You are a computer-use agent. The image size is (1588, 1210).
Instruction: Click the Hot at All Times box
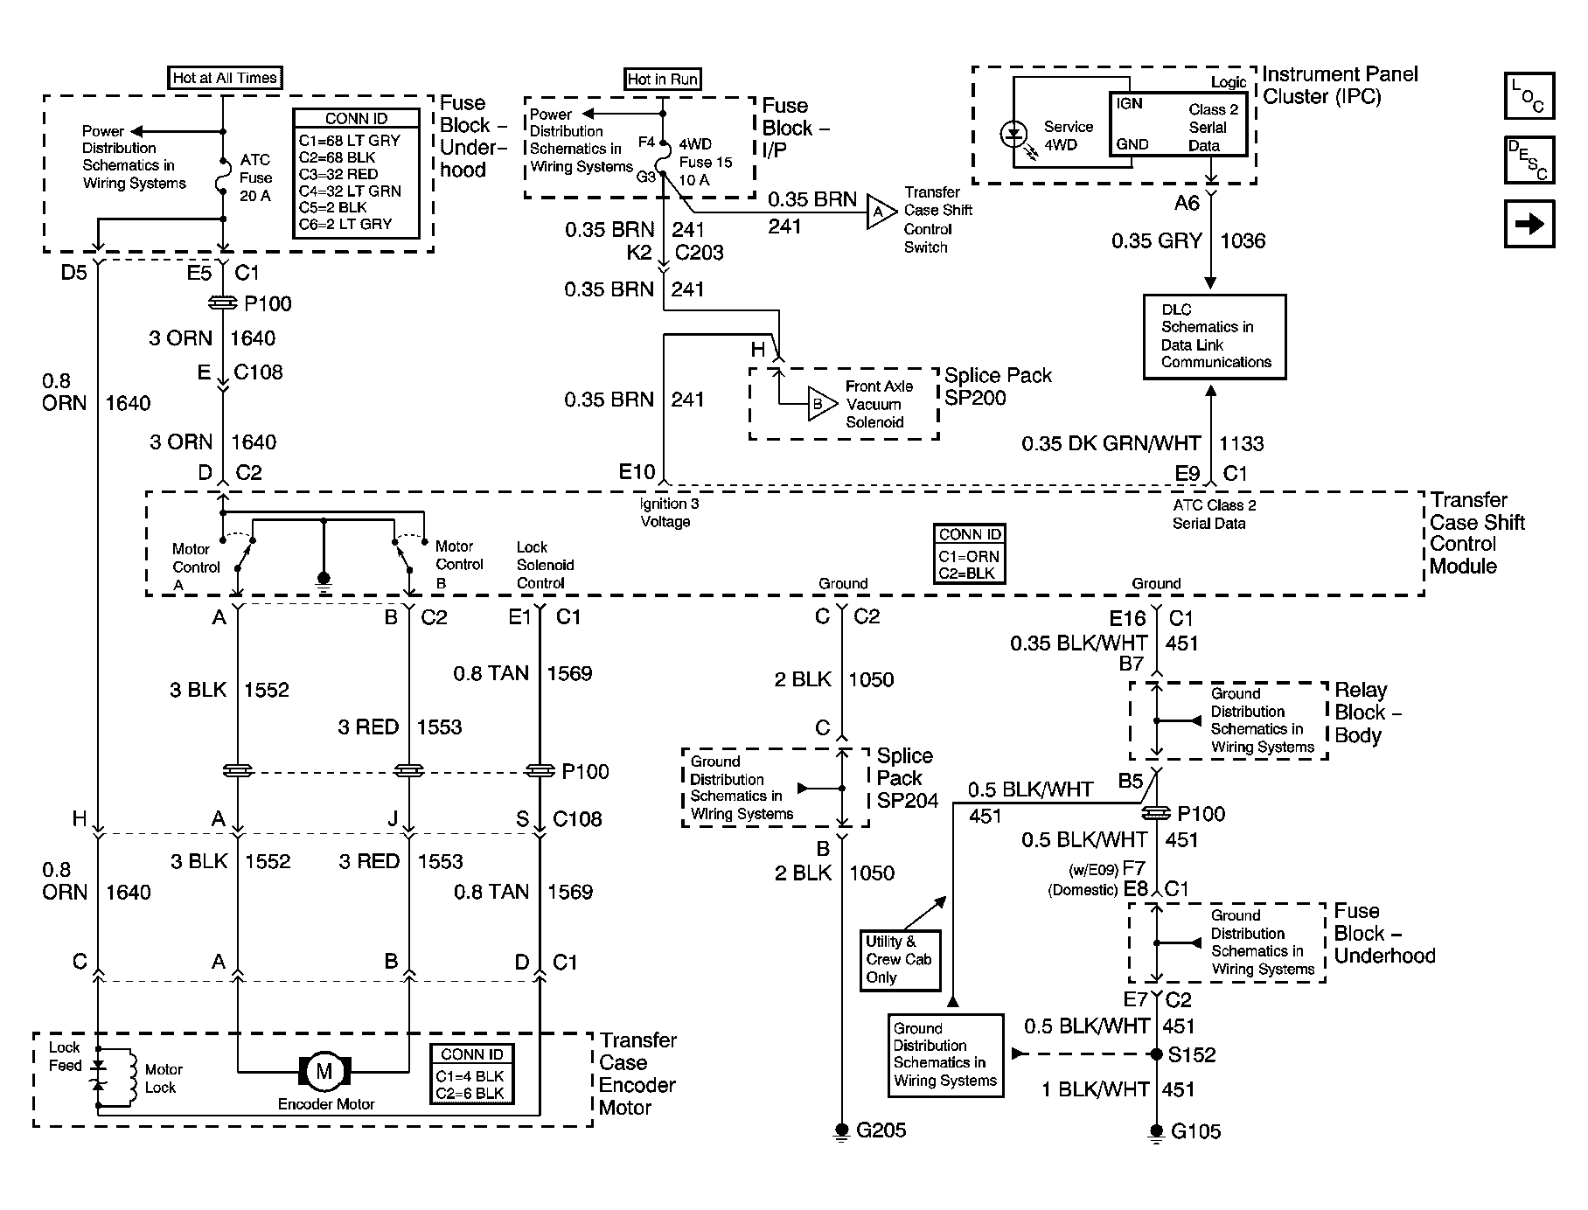225,78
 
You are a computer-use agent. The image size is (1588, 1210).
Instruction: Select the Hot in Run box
663,79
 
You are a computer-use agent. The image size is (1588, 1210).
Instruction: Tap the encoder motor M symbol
324,1071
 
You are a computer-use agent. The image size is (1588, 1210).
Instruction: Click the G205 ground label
881,1130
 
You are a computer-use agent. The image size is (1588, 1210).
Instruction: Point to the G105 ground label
1195,1131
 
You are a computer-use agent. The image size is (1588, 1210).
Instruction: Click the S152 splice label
1192,1054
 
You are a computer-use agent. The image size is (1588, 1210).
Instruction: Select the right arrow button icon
1529,225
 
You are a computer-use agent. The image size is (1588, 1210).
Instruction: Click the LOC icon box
1529,96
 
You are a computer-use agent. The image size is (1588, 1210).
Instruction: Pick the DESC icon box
1529,160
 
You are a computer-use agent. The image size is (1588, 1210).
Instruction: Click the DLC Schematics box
1215,337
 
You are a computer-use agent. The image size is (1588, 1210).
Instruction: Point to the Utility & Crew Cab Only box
900,959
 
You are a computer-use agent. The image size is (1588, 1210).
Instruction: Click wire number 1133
1242,443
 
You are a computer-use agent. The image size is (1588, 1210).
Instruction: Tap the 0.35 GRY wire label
1156,240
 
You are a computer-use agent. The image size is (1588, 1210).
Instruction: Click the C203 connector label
699,253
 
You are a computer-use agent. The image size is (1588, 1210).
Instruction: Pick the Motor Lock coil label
163,1078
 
